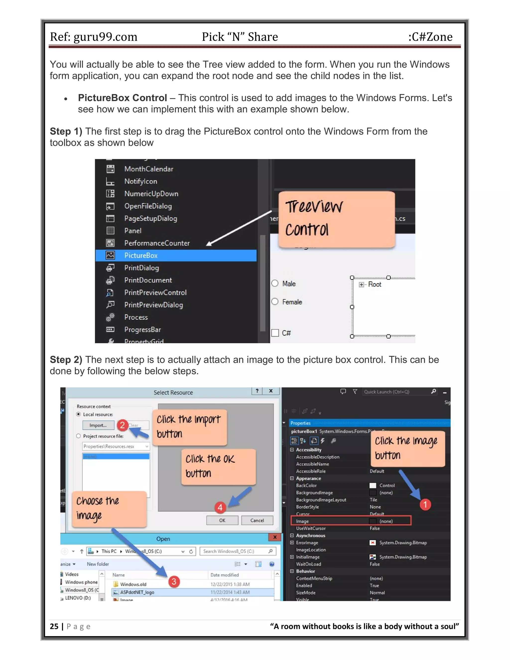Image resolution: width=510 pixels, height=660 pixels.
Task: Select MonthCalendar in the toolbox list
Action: point(149,169)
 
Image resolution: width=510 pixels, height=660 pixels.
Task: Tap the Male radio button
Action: point(275,283)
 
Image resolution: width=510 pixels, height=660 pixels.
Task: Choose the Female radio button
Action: point(275,302)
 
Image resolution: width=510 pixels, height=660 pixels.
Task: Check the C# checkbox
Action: point(275,333)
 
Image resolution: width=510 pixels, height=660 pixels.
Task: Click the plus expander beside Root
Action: point(361,284)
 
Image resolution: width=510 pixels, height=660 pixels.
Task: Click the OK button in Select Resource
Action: point(222,520)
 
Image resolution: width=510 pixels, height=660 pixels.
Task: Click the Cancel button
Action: point(257,520)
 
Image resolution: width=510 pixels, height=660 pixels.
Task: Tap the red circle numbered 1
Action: point(425,504)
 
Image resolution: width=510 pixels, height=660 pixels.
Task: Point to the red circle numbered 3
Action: point(174,582)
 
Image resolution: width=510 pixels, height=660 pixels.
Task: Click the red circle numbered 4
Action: point(220,507)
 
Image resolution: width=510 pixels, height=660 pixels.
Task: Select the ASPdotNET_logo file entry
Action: point(137,592)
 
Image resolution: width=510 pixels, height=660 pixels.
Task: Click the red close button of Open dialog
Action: point(275,537)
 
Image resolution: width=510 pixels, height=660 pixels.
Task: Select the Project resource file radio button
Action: point(78,436)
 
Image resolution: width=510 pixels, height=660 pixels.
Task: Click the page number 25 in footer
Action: point(54,626)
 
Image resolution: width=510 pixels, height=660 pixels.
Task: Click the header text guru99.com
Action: point(105,37)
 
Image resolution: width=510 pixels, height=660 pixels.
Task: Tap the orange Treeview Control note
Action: point(336,219)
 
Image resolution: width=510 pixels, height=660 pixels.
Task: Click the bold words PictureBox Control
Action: point(122,98)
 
